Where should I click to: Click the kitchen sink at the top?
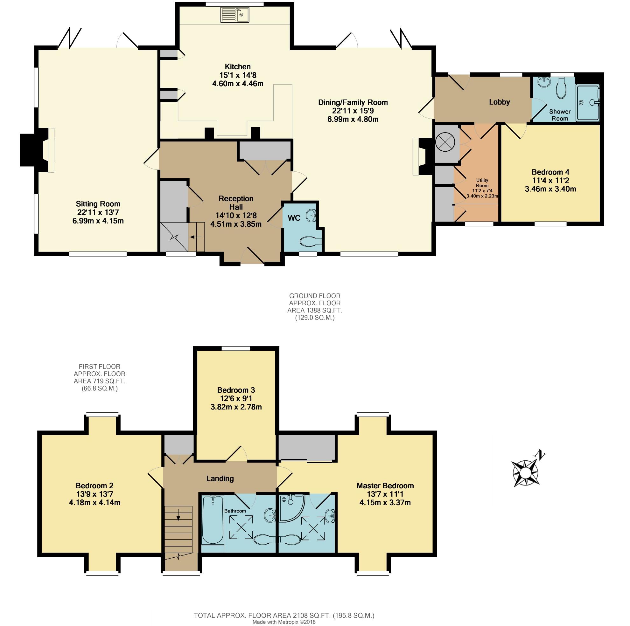pyautogui.click(x=235, y=15)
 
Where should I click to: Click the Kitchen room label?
pyautogui.click(x=238, y=67)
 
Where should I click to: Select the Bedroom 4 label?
pyautogui.click(x=550, y=172)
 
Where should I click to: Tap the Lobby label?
pyautogui.click(x=499, y=102)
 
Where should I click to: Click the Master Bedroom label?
pyautogui.click(x=385, y=486)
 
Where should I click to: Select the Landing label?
pyautogui.click(x=220, y=478)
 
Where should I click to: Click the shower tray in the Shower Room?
pyautogui.click(x=588, y=103)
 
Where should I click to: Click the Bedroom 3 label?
pyautogui.click(x=236, y=390)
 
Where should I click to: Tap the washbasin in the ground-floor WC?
pyautogui.click(x=310, y=216)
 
